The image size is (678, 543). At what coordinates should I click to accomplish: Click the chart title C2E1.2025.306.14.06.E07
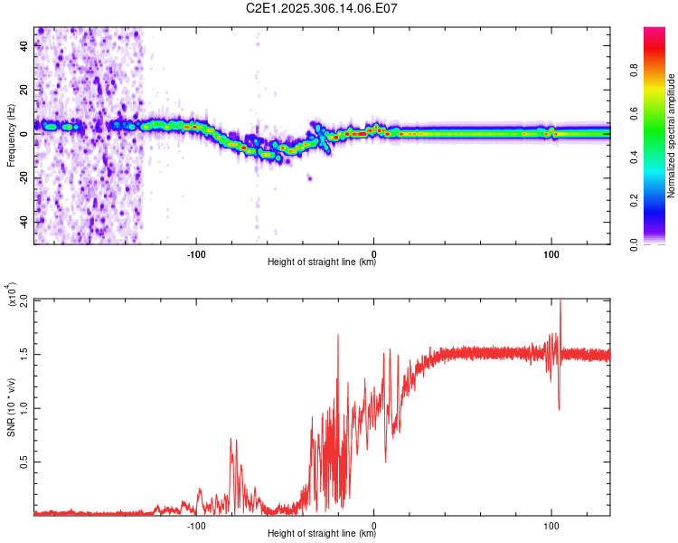pyautogui.click(x=323, y=8)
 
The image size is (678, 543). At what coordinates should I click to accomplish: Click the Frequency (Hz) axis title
pyautogui.click(x=11, y=136)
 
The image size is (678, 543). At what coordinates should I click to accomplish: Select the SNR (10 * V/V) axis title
pyautogui.click(x=11, y=406)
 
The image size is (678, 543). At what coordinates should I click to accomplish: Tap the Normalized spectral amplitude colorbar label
pyautogui.click(x=672, y=136)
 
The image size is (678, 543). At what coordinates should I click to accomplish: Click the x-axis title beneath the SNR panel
pyautogui.click(x=322, y=534)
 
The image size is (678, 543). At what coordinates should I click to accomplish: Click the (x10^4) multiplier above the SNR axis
pyautogui.click(x=12, y=293)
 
